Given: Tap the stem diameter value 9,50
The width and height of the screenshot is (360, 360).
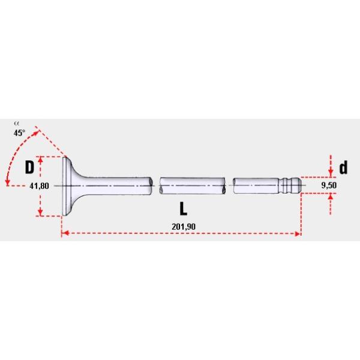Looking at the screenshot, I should click(329, 186).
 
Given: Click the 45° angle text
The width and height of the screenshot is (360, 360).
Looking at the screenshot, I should click(19, 133).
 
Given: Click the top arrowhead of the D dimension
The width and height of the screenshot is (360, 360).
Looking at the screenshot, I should click(40, 160).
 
